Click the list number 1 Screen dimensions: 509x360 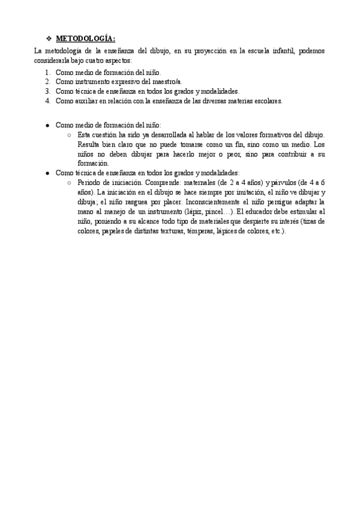click(47, 72)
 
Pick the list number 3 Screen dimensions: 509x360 click(47, 91)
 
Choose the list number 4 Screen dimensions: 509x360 click(47, 101)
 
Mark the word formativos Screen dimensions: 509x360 click(270, 134)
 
